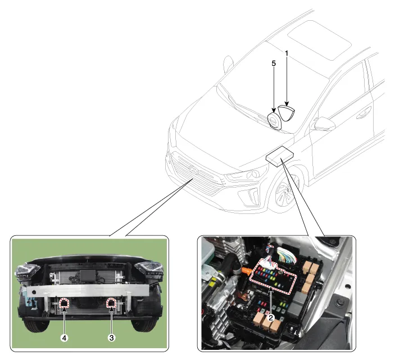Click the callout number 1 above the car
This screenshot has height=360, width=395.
coord(287,53)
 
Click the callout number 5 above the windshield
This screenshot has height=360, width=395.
coord(274,63)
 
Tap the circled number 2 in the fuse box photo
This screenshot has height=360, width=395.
coord(271,318)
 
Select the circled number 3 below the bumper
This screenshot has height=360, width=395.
coord(112,338)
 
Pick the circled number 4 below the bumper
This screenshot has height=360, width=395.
coord(65,338)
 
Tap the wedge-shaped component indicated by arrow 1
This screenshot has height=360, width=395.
coord(287,112)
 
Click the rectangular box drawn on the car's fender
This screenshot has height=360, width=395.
coord(280,157)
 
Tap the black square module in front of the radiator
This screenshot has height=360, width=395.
coord(88,275)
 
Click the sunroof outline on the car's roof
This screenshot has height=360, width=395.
coord(319,40)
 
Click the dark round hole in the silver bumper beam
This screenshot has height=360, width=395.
coord(34,293)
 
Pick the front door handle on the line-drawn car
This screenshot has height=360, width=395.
coord(364,113)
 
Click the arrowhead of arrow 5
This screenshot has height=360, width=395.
coord(274,110)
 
